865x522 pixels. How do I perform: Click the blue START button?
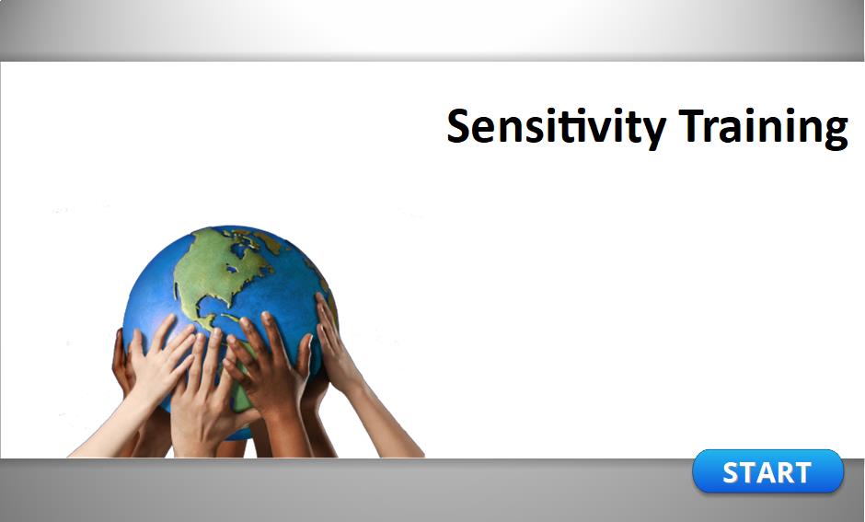point(767,471)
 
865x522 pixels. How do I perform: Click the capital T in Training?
point(693,126)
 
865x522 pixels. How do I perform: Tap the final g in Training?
point(836,133)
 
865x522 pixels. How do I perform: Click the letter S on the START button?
point(732,473)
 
